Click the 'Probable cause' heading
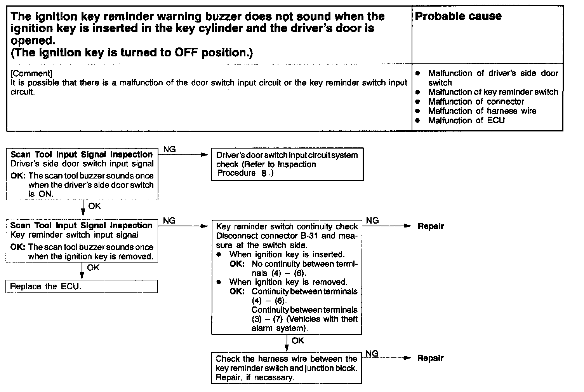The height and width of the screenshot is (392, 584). tap(458, 16)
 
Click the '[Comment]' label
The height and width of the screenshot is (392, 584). tap(31, 73)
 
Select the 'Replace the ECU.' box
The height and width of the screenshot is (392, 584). tap(82, 287)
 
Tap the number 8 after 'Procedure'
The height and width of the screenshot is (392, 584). tap(264, 174)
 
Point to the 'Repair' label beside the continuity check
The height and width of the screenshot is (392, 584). tap(431, 226)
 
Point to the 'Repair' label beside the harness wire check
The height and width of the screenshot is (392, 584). tap(431, 358)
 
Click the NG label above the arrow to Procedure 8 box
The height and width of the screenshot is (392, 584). tap(169, 149)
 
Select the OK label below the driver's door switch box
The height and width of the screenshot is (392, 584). tap(94, 206)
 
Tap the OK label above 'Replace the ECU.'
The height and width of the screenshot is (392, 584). tap(93, 268)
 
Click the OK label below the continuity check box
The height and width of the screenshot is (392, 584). tap(298, 341)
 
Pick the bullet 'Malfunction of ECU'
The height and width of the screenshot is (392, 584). tap(466, 121)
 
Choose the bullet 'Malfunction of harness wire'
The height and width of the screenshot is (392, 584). tap(482, 111)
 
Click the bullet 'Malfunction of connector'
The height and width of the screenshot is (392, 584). tap(476, 102)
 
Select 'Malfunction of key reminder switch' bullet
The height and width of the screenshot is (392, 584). tap(493, 92)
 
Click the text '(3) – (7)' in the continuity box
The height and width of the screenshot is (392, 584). tap(266, 319)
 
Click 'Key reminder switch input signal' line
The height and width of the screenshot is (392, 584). tap(74, 235)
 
